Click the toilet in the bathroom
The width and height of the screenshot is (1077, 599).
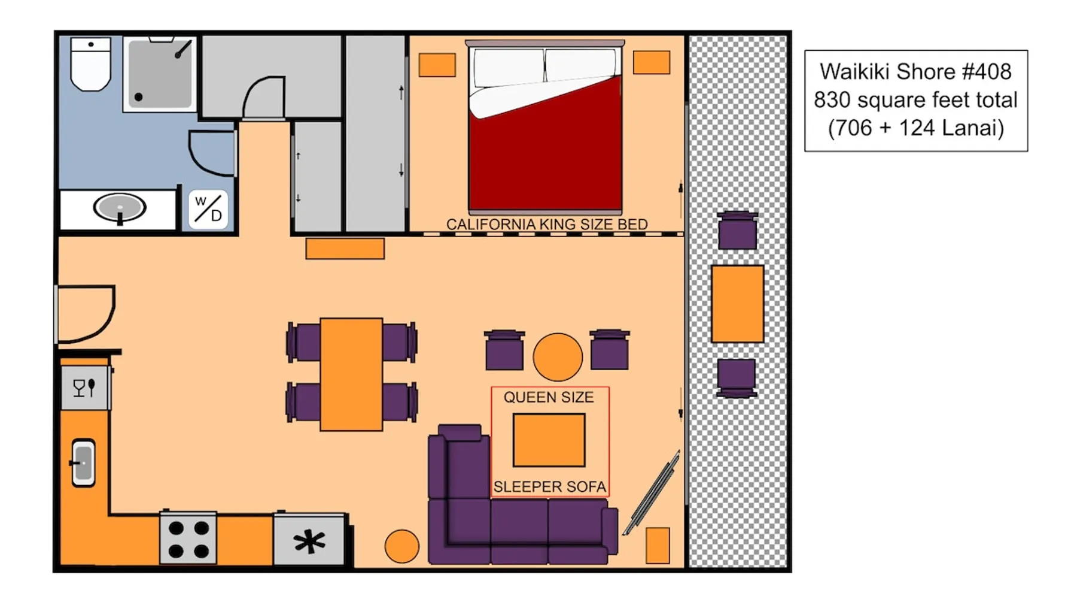click(x=90, y=64)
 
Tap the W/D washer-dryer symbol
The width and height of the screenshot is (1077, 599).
click(x=208, y=209)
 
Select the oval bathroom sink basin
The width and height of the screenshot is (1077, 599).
click(x=120, y=208)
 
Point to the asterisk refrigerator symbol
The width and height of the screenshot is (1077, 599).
click(x=309, y=541)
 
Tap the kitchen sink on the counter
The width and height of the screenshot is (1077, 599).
click(x=83, y=463)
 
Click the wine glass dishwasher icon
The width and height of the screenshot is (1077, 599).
click(x=84, y=388)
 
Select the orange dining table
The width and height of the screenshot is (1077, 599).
click(x=351, y=374)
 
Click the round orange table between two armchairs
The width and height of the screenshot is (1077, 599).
click(x=558, y=357)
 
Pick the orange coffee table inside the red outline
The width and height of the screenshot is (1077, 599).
click(x=549, y=440)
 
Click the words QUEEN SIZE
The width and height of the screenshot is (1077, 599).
click(x=549, y=397)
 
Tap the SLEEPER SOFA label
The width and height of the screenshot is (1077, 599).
click(x=550, y=486)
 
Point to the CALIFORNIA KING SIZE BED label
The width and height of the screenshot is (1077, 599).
click(x=547, y=224)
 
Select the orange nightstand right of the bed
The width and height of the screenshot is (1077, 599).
click(x=652, y=62)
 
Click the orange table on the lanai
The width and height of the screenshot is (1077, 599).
click(x=737, y=304)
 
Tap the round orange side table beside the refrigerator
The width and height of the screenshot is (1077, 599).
click(x=402, y=546)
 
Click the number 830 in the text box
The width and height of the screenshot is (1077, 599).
click(x=834, y=100)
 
